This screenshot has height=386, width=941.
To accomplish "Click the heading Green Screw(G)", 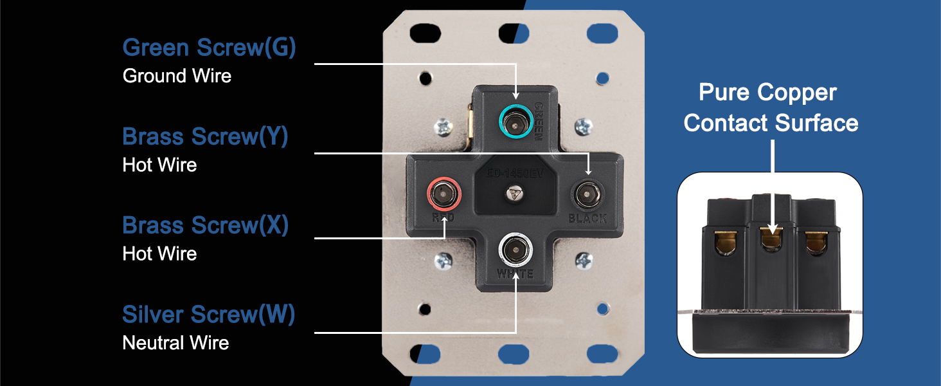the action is (x=209, y=48).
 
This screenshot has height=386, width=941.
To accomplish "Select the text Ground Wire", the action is (x=177, y=76).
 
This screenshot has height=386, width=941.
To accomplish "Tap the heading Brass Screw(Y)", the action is (x=205, y=136).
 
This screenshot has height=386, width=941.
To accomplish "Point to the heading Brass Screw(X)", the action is (x=206, y=225).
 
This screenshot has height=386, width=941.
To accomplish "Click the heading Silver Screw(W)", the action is (x=209, y=315).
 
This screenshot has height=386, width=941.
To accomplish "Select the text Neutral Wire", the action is (x=175, y=343).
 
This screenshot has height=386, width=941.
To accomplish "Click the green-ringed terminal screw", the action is (x=516, y=122).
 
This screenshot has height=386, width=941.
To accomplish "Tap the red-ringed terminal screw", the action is (x=444, y=194).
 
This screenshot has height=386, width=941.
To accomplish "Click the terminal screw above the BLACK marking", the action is (x=587, y=195).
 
